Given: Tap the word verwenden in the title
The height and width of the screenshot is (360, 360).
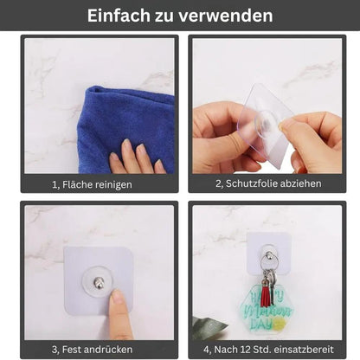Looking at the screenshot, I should coord(228,16).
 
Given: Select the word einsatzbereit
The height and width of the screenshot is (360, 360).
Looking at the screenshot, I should coord(307,348).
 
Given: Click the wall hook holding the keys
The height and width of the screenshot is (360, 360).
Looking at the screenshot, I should coord(271,255).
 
